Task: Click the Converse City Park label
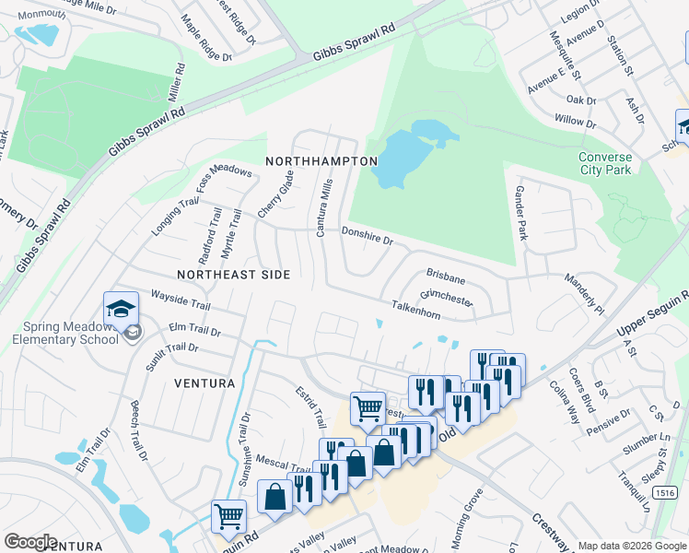605,163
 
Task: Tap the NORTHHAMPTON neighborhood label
321,160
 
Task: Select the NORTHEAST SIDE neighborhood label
234,275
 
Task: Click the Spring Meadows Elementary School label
66,333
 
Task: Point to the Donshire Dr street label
368,237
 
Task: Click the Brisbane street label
446,276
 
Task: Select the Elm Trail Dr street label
195,329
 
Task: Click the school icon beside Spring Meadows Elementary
121,309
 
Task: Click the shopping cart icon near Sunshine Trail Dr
228,517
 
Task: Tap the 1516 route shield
664,493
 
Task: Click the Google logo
31,542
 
